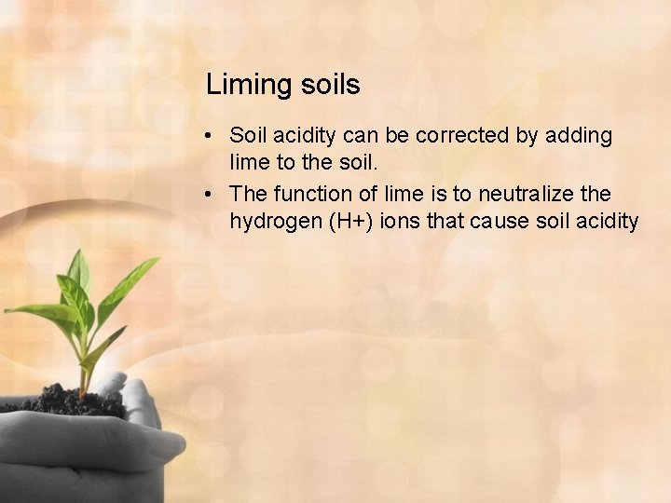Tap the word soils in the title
331,85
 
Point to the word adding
578,137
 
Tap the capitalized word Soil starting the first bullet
248,136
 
